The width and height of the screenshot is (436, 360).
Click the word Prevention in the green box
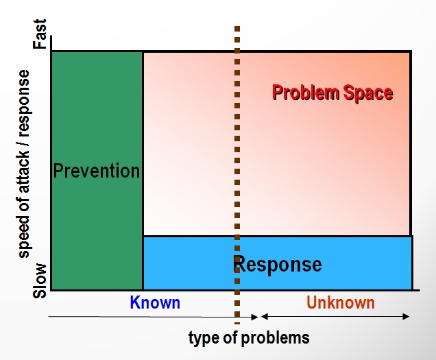pyautogui.click(x=97, y=171)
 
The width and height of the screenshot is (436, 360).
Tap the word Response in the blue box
pyautogui.click(x=278, y=265)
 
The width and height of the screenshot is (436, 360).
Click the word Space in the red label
pyautogui.click(x=368, y=93)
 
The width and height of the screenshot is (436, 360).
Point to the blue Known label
pyautogui.click(x=155, y=302)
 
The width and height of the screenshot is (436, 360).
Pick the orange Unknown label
pyautogui.click(x=341, y=302)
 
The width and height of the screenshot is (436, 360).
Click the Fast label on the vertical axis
pyautogui.click(x=40, y=34)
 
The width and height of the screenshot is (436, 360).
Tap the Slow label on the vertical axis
pyautogui.click(x=40, y=280)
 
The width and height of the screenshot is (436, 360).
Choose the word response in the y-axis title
pyautogui.click(x=23, y=104)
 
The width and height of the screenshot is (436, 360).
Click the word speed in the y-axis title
pyautogui.click(x=23, y=237)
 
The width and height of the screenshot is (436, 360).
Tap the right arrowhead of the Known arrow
pyautogui.click(x=255, y=317)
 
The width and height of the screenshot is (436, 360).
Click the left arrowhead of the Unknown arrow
pyautogui.click(x=264, y=317)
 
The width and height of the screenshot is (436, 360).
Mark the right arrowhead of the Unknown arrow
pyautogui.click(x=407, y=317)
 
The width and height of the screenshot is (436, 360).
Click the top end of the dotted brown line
pyautogui.click(x=237, y=27)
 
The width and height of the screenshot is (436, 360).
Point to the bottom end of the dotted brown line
pyautogui.click(x=237, y=324)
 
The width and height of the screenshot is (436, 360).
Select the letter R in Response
pyautogui.click(x=239, y=264)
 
